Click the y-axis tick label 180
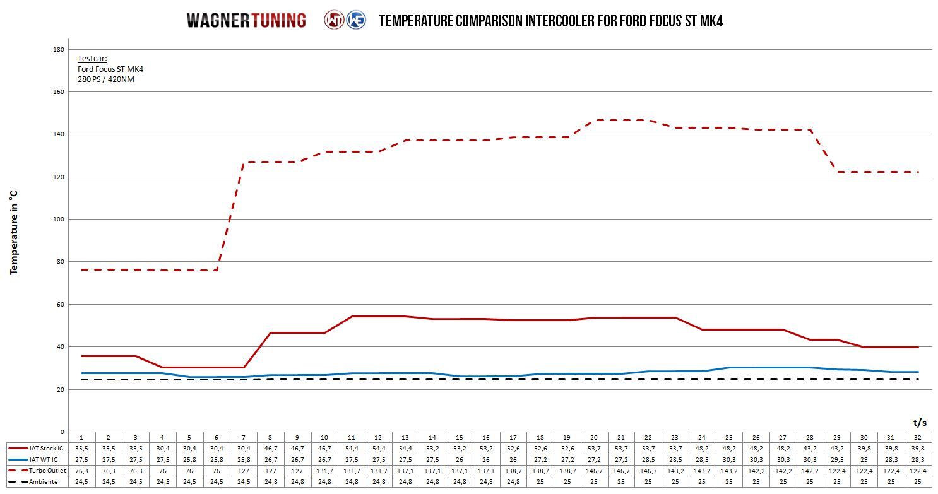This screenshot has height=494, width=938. coord(58,49)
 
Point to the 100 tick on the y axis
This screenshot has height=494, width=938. coord(58,219)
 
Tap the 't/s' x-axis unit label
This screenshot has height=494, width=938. coord(920,422)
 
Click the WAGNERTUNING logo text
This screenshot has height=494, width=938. coord(246,20)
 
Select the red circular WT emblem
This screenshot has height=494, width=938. coord(334,20)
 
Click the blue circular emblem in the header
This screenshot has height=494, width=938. coord(355,20)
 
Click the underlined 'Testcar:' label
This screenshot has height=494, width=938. coord(92,59)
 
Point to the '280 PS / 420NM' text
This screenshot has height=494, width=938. coord(105,79)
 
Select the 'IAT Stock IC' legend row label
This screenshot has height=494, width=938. coord(46,448)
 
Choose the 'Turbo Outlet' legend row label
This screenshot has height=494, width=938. coord(47,471)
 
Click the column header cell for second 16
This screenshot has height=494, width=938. coord(486,437)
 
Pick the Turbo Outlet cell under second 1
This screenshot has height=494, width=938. coord(81,471)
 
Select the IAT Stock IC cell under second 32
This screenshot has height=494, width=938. coord(918,448)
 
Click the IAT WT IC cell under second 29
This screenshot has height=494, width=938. coord(837,459)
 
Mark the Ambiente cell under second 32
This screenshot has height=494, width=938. coord(918,482)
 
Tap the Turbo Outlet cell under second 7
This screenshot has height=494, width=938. coord(244,471)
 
